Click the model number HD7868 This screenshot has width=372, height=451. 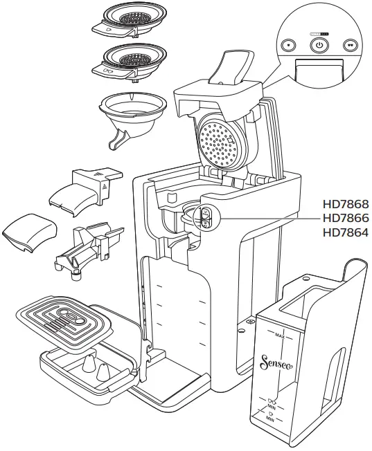(346, 205)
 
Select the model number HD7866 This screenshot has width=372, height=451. (346, 219)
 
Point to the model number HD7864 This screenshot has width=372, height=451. (346, 232)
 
